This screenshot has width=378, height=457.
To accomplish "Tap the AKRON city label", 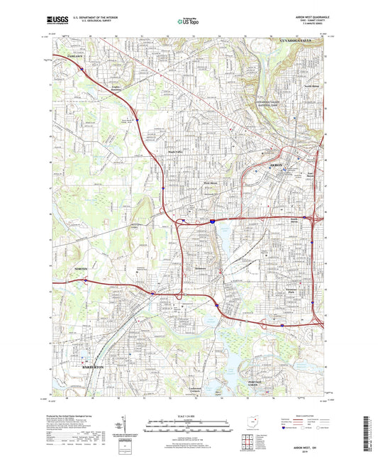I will click(x=274, y=164).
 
